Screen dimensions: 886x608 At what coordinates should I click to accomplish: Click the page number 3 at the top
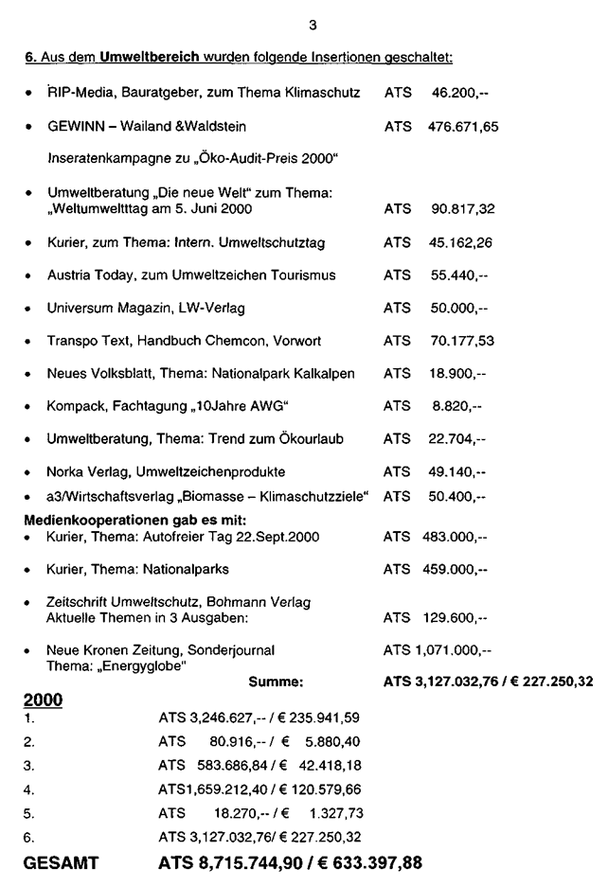tap(300, 12)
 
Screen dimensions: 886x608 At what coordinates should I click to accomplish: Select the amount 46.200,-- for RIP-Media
tap(459, 95)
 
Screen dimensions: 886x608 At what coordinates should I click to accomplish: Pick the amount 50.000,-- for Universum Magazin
tap(459, 308)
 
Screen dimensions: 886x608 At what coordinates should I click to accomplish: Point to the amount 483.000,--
tap(455, 537)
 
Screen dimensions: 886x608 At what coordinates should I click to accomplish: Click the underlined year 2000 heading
tap(44, 700)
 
